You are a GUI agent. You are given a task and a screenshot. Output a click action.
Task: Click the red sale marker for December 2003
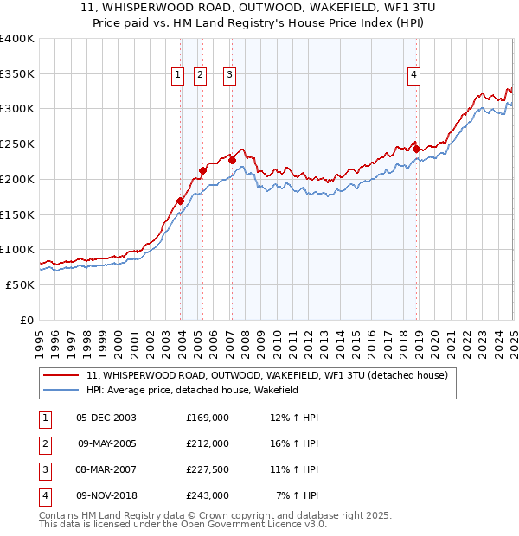coord(181,201)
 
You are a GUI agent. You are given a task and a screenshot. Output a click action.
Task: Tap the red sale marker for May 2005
coord(202,170)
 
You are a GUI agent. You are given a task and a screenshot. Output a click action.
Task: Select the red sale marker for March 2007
coord(232,160)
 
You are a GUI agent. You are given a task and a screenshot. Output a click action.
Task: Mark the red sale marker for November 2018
coord(416,149)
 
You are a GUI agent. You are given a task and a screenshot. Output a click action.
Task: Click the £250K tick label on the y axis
coord(16,144)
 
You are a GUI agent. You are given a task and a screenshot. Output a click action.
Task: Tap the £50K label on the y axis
coord(20,284)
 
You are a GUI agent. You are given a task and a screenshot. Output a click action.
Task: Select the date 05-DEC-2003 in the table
coord(106,418)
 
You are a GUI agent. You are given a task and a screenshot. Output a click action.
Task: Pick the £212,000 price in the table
coord(208,443)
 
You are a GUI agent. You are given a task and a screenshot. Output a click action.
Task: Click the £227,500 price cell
coord(208,470)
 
